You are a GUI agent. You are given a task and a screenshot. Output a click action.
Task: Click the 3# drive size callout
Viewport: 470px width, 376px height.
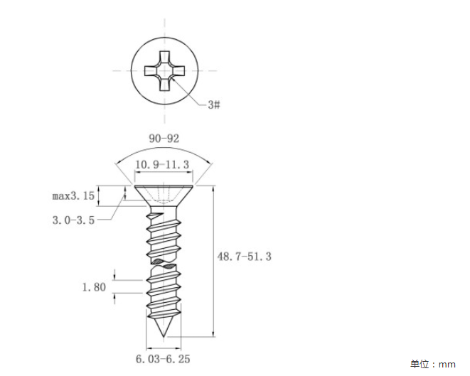click(214, 105)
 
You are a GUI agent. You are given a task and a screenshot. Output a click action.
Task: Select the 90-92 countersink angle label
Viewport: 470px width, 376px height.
click(164, 139)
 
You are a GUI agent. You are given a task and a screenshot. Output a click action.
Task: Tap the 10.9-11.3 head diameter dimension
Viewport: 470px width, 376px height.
click(162, 164)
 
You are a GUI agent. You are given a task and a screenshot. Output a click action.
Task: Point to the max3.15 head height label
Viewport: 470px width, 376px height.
click(73, 196)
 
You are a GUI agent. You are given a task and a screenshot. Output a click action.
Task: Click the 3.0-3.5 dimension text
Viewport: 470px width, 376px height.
click(73, 220)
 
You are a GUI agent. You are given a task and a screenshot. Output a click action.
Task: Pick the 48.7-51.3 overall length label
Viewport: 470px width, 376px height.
click(245, 257)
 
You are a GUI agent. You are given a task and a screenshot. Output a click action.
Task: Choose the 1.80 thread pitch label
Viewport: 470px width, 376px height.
click(94, 287)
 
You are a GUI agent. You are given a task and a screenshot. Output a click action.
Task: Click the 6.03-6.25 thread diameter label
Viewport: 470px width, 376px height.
click(163, 359)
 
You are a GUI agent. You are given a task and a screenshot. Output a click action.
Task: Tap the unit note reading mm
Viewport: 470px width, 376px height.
click(447, 365)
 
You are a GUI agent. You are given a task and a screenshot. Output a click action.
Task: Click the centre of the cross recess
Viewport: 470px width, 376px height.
click(164, 71)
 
